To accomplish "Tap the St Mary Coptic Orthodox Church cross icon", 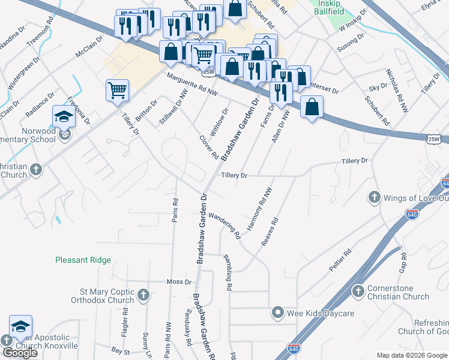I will pyautogui.click(x=143, y=295).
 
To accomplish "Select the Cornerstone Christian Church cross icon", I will pyautogui.click(x=358, y=291).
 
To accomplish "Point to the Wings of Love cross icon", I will pyautogui.click(x=373, y=197).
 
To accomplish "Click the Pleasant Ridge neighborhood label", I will pyautogui.click(x=83, y=260).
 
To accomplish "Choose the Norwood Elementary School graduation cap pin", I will pyautogui.click(x=63, y=116).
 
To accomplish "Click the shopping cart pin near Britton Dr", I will pyautogui.click(x=118, y=91).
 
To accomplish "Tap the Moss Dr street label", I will pyautogui.click(x=178, y=281).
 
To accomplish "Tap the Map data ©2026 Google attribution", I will pyautogui.click(x=412, y=355).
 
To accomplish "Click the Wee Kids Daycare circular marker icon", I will pyautogui.click(x=277, y=312).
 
